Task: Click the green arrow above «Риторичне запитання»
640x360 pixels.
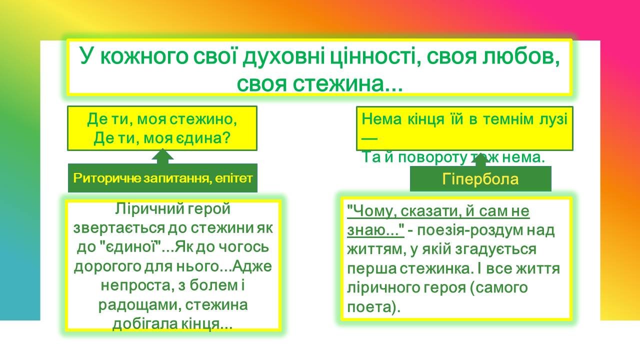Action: [x=162, y=156]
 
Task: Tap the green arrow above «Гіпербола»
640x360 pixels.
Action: [x=480, y=160]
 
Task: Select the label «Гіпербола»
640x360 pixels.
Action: [x=480, y=179]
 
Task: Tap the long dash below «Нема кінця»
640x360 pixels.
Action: [x=369, y=138]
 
